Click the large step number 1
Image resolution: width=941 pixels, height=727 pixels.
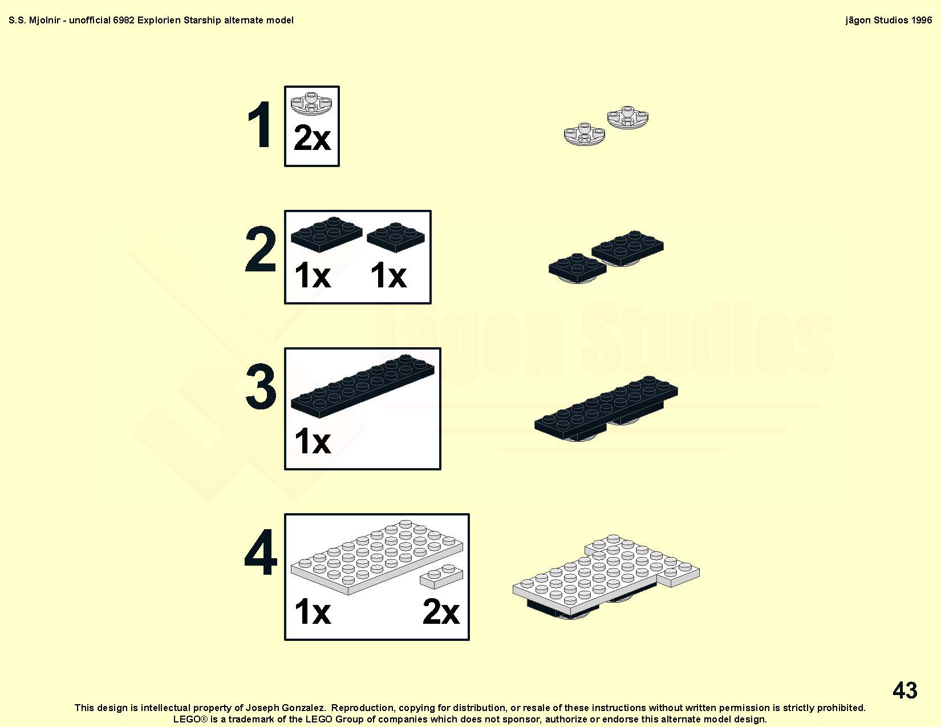[260, 125]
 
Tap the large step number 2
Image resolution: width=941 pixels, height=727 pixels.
[260, 249]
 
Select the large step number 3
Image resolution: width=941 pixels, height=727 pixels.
[260, 386]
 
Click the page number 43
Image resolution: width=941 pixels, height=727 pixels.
[905, 690]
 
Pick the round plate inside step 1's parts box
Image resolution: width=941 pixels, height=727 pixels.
[311, 103]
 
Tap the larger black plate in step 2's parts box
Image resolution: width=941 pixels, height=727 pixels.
[327, 234]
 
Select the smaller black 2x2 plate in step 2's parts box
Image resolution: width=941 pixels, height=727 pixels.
[396, 237]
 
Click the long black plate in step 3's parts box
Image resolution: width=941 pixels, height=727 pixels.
[363, 386]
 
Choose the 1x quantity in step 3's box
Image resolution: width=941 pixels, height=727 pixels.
[312, 441]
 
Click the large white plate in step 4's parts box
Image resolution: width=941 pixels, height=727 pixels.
[377, 557]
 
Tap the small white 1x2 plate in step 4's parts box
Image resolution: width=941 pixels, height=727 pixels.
[441, 576]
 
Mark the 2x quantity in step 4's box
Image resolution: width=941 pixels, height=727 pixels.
[441, 612]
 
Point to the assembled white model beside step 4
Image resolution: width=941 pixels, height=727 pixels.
[606, 576]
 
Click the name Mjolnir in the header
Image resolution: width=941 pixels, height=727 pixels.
[44, 21]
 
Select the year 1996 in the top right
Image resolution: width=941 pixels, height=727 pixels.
[921, 21]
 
